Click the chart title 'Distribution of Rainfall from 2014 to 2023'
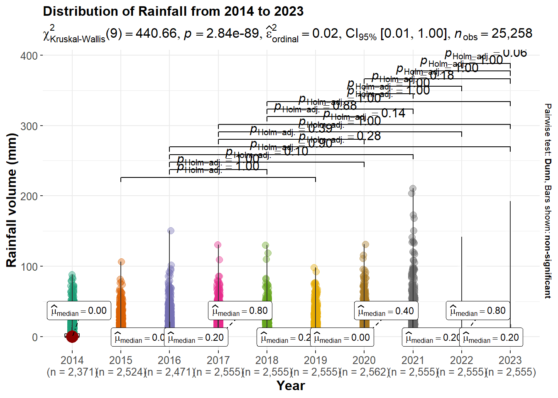(x=173, y=11)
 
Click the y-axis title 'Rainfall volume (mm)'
(x=12, y=200)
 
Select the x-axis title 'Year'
(x=291, y=386)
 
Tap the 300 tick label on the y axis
(x=29, y=126)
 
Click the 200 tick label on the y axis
(x=29, y=196)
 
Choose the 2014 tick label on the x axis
(x=72, y=360)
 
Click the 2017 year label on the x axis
(x=218, y=360)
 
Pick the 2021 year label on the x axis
(x=413, y=360)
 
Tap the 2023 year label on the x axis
(x=510, y=360)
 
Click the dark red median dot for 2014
(x=72, y=336)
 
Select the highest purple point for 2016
(x=171, y=231)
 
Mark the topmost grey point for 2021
(x=413, y=188)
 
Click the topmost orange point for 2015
(x=121, y=262)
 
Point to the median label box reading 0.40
(x=386, y=311)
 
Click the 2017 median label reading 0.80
(x=240, y=311)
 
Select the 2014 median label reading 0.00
(x=79, y=311)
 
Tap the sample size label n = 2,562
(x=364, y=372)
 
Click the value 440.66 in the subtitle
(x=156, y=34)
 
